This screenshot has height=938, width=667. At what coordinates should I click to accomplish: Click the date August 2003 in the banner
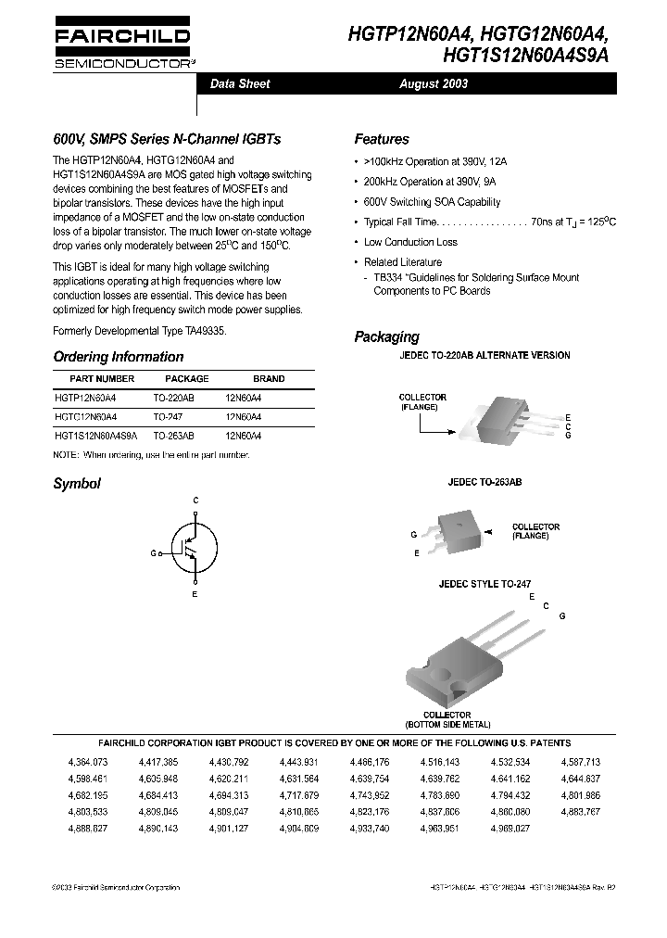[434, 84]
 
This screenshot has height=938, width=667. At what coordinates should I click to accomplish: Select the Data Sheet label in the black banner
[240, 84]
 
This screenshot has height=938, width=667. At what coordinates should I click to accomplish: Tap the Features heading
[381, 140]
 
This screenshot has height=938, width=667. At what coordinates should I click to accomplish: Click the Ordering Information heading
[118, 357]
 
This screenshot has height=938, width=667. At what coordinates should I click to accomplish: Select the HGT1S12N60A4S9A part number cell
[95, 435]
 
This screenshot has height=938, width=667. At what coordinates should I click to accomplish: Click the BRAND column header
[269, 379]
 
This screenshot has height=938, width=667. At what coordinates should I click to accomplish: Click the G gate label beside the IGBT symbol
[154, 551]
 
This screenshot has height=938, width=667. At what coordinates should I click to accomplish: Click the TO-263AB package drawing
[459, 532]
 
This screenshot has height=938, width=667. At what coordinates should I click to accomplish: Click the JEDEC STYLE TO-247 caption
[485, 585]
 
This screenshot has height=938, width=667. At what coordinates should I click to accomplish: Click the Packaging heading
[386, 337]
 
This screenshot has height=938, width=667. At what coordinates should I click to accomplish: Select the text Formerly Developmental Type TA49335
[139, 331]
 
